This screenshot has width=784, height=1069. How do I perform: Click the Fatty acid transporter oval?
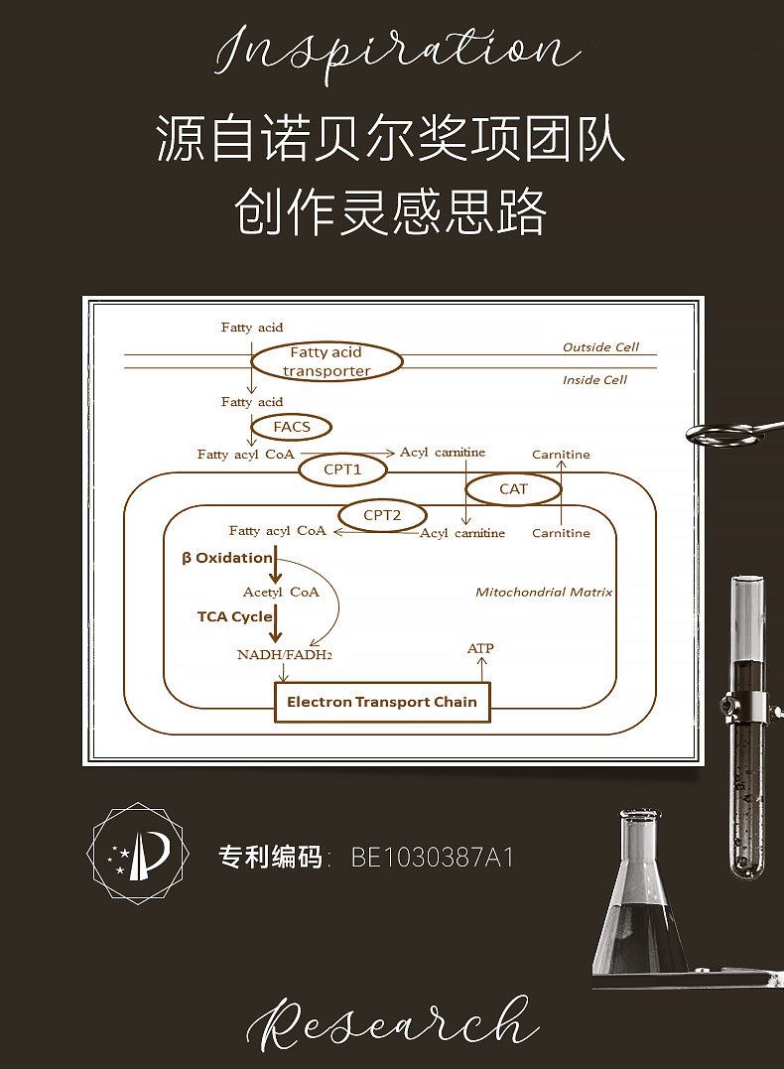click(x=326, y=362)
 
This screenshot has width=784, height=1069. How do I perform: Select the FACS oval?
click(x=292, y=427)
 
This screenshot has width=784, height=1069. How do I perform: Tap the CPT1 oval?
click(x=342, y=469)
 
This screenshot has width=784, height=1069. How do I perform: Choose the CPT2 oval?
click(x=382, y=515)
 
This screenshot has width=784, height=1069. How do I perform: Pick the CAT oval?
click(x=513, y=488)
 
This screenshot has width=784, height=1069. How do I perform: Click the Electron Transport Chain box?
click(x=382, y=702)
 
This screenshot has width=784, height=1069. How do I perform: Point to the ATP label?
click(x=480, y=648)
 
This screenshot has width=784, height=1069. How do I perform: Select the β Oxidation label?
click(x=226, y=558)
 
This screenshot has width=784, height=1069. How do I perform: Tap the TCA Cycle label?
click(x=234, y=616)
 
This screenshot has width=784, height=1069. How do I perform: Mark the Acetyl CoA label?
click(x=281, y=592)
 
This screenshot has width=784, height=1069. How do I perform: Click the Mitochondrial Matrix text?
click(x=543, y=592)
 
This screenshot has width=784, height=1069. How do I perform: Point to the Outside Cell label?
click(x=600, y=347)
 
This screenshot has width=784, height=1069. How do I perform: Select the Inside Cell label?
click(x=594, y=380)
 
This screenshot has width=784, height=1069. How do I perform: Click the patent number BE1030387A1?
click(x=433, y=858)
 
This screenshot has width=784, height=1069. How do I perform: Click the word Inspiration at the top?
click(x=397, y=50)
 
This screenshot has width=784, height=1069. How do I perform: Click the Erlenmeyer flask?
click(x=641, y=903)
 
